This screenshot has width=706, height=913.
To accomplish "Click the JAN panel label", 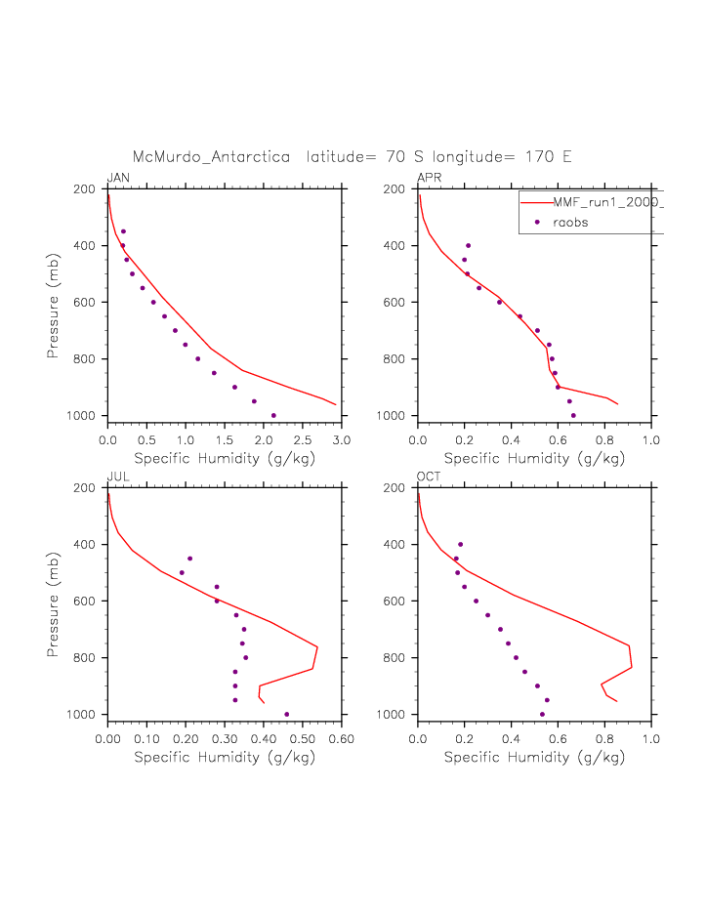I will (x=118, y=178).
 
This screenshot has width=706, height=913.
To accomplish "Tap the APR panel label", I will (x=430, y=178).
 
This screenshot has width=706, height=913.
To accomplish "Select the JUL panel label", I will (x=117, y=477).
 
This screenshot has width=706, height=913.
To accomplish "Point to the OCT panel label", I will (x=429, y=477).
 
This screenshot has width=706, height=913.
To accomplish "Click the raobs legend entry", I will (x=570, y=223).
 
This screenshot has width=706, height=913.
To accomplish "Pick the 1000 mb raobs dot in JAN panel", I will (x=273, y=415).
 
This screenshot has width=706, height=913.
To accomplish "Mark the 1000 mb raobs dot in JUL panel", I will (x=286, y=714).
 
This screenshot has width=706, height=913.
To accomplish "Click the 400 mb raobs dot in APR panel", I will (x=469, y=245).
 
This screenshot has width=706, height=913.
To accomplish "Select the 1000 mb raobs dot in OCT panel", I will (x=542, y=714).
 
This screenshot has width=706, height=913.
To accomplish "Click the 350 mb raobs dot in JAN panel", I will (x=123, y=231).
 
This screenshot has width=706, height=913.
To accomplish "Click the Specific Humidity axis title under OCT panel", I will (x=534, y=757).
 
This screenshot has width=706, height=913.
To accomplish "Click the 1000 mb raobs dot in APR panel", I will (x=573, y=415).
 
